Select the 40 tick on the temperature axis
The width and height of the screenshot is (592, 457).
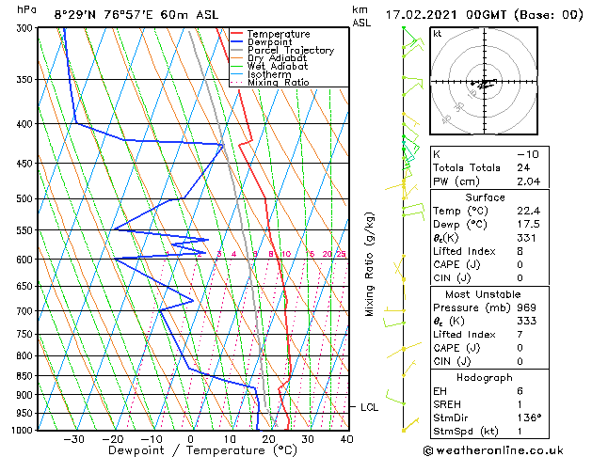346,439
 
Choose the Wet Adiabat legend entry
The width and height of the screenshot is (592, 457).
277,66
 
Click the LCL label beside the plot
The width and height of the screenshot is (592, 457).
369,407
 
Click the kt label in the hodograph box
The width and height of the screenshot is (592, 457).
437,34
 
